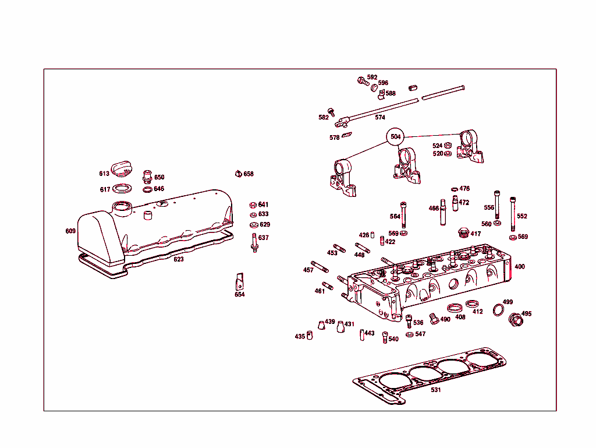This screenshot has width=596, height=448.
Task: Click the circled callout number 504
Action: click(x=395, y=136)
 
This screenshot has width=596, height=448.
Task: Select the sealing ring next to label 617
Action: click(x=122, y=189)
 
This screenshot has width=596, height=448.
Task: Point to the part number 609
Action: click(x=70, y=231)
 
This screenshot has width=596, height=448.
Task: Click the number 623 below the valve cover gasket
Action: click(x=179, y=259)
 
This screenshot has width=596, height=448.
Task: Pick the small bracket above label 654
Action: click(x=239, y=281)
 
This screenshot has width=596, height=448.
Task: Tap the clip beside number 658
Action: click(x=238, y=173)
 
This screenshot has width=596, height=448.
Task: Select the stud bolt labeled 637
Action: click(x=254, y=242)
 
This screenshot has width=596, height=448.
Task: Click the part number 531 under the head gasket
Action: click(x=436, y=390)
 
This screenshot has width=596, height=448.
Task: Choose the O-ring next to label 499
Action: click(x=498, y=309)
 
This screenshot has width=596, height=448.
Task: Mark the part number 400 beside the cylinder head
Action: click(x=519, y=267)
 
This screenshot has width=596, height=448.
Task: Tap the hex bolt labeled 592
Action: click(x=361, y=80)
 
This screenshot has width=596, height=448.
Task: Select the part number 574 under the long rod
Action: click(x=380, y=117)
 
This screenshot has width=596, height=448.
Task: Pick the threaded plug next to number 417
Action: click(x=463, y=232)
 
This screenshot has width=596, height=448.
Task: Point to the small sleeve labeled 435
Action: click(x=310, y=334)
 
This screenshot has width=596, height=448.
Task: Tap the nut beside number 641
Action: click(x=253, y=204)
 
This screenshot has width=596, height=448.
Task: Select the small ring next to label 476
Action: click(x=454, y=189)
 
